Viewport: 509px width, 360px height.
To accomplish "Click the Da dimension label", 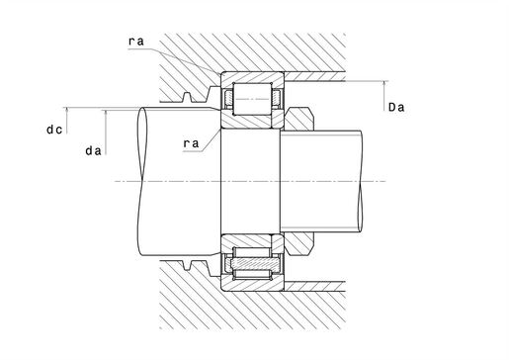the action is [396, 107].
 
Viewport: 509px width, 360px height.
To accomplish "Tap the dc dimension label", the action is [54, 130].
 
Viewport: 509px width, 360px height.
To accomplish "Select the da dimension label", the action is [93, 151].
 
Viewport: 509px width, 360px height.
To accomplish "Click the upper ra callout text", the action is [136, 42].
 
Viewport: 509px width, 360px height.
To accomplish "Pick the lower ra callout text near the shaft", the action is [191, 143].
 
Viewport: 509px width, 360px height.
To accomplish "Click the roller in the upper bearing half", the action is [252, 99].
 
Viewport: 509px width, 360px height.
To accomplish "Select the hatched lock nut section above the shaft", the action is [298, 119].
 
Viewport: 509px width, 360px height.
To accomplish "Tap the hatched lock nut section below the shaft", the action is [298, 243].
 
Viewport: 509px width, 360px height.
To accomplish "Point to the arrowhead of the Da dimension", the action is [384, 84].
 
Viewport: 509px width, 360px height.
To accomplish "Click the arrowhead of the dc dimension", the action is [67, 110].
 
